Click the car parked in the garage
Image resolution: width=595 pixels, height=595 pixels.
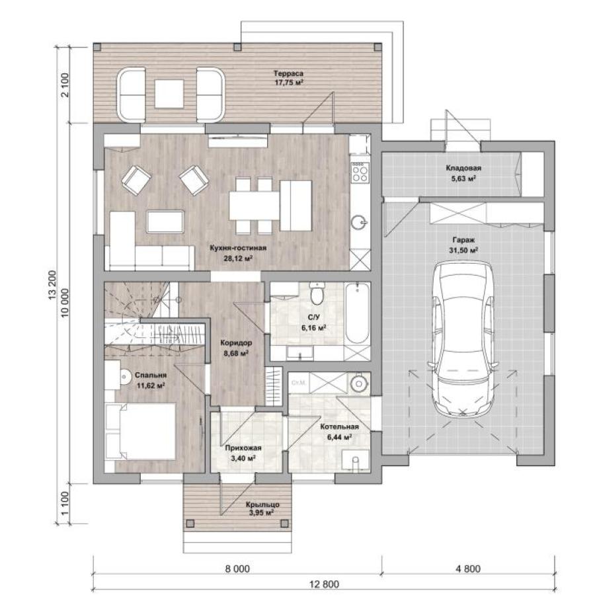pyautogui.click(x=463, y=339)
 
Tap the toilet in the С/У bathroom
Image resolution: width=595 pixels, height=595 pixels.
pyautogui.click(x=316, y=294)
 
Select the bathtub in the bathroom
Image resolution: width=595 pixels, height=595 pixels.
pyautogui.click(x=357, y=313)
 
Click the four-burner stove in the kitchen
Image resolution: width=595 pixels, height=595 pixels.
pyautogui.click(x=360, y=173)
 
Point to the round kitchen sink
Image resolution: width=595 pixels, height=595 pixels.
pyautogui.click(x=359, y=222)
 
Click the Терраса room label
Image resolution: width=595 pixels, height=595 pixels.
pyautogui.click(x=289, y=73)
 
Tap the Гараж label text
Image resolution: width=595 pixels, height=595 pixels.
pyautogui.click(x=463, y=240)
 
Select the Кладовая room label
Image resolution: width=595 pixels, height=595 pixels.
pyautogui.click(x=463, y=168)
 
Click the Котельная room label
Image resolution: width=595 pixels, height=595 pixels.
pyautogui.click(x=339, y=426)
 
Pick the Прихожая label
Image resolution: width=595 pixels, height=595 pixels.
pyautogui.click(x=243, y=448)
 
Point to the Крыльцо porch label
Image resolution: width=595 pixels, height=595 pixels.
pyautogui.click(x=262, y=504)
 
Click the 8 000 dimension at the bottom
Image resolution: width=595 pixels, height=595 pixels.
pyautogui.click(x=237, y=569)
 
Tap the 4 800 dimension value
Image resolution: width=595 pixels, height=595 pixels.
pyautogui.click(x=467, y=569)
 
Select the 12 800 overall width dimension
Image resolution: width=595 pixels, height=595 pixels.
pyautogui.click(x=324, y=584)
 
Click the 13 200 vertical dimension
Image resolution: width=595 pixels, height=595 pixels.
pyautogui.click(x=52, y=284)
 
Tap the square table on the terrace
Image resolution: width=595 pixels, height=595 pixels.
pyautogui.click(x=169, y=93)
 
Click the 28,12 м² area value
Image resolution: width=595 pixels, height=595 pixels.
pyautogui.click(x=238, y=258)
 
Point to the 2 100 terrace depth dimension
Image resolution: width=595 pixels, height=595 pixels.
pyautogui.click(x=65, y=85)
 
